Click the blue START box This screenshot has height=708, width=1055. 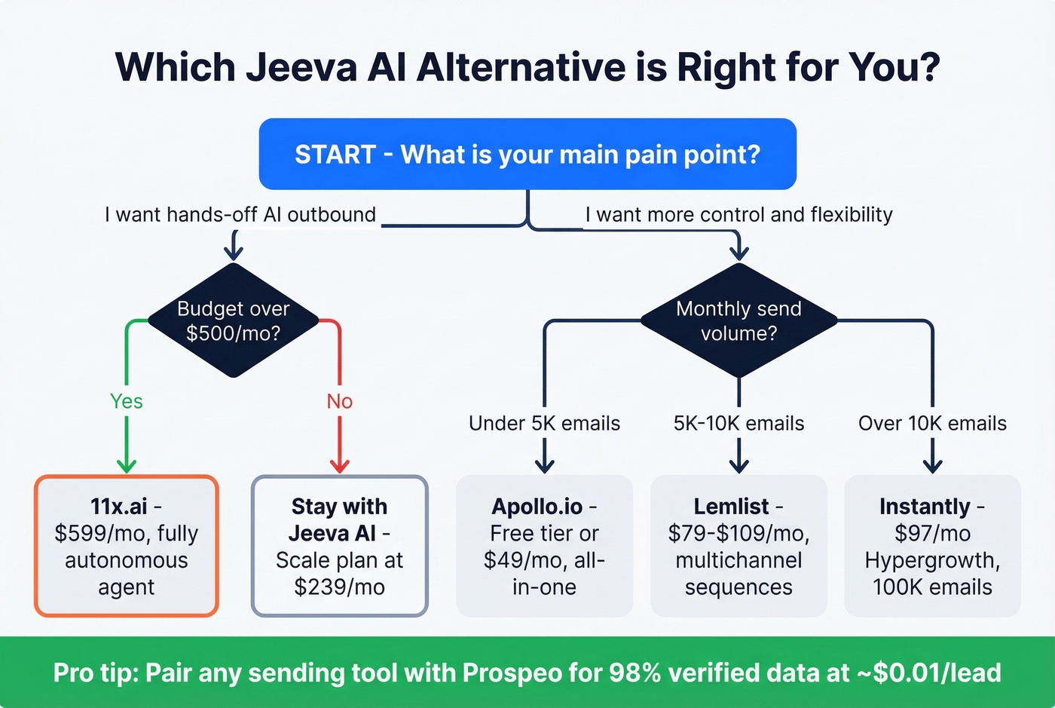coord(527,154)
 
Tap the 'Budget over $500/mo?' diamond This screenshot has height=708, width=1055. coord(234,320)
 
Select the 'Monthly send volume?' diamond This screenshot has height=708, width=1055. coord(738,320)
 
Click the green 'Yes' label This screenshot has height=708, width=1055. coord(126,401)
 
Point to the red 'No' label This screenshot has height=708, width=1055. coord(339,401)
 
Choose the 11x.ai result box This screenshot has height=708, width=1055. coord(127,546)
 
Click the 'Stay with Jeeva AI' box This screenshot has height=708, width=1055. coord(339,546)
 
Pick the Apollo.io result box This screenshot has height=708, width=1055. coord(544,546)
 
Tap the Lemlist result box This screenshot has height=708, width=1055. coord(738,546)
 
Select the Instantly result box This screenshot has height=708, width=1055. coord(932,546)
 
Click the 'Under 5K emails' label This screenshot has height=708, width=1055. coord(544,424)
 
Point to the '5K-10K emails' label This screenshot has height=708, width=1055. coord(738,424)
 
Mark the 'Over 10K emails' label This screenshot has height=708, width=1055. coord(932,424)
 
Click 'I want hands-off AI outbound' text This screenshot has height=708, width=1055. coord(240,215)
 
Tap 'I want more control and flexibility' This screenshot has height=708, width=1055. coord(738,215)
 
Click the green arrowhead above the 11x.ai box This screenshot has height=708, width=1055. coord(126,464)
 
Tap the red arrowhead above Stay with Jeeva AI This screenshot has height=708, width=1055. coord(339,464)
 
